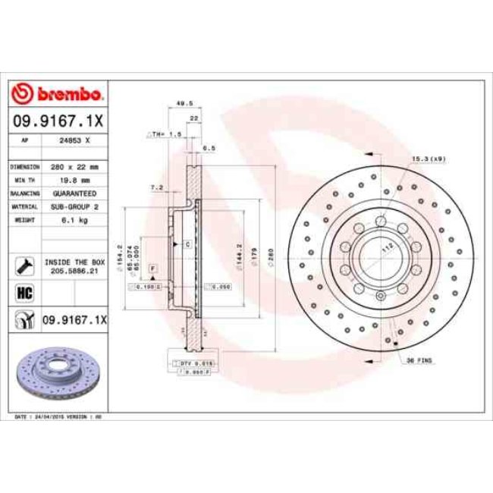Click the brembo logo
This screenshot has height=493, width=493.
58,94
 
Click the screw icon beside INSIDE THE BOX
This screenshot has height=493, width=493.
23,265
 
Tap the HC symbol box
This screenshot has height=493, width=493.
23,292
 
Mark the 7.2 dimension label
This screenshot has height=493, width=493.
157,187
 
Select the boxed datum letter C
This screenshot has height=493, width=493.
187,244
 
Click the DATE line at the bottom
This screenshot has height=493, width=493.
59,418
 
